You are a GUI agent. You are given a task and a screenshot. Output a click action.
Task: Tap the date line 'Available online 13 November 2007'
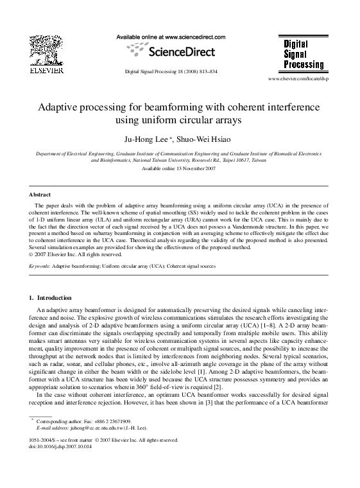[x=179, y=168]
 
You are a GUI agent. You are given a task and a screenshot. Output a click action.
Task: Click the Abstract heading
[x=40, y=194]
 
